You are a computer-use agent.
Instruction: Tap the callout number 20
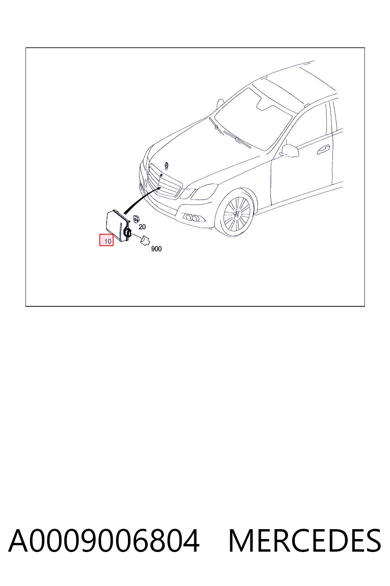click(x=142, y=227)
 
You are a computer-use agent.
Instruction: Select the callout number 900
click(x=156, y=249)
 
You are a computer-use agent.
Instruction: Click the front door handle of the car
click(x=323, y=150)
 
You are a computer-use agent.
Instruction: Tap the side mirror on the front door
click(x=289, y=151)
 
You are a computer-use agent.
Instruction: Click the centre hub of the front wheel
click(x=237, y=214)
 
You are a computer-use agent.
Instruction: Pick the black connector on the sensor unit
click(x=128, y=232)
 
